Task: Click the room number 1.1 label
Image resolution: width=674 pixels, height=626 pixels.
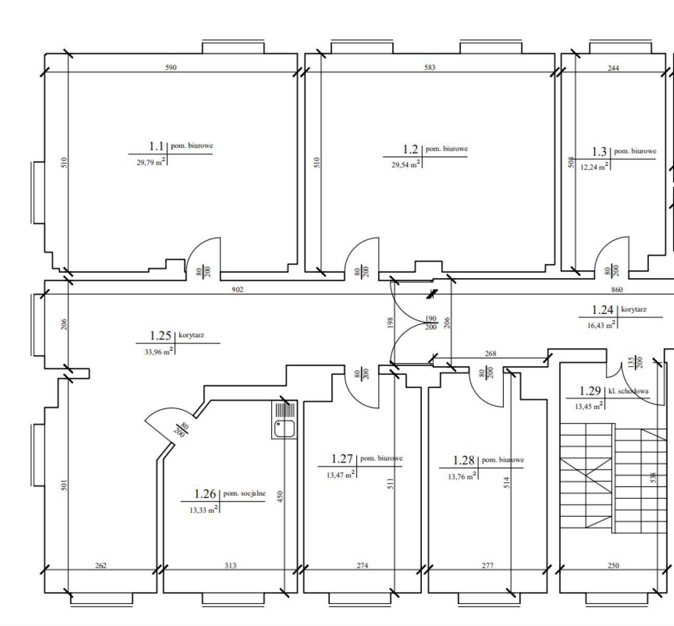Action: coord(157,147)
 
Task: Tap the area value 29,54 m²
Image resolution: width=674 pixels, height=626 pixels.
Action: coord(406,164)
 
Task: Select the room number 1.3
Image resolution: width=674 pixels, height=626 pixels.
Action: coord(599,152)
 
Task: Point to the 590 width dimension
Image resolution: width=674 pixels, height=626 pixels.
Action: coord(171,67)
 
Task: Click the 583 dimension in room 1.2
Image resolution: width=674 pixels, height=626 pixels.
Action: coord(430,67)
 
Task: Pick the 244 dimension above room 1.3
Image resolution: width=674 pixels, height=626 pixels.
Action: coord(613,68)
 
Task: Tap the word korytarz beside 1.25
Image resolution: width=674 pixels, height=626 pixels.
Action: coord(192,335)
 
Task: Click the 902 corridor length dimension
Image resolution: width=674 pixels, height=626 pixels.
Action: coord(238,290)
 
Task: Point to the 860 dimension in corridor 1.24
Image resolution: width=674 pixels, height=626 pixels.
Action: coord(617,290)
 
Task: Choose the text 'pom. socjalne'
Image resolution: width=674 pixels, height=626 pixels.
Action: coord(244,493)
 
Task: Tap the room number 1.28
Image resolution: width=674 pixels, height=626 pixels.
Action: coord(464,461)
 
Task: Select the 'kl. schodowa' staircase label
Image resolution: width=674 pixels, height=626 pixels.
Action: coord(629,391)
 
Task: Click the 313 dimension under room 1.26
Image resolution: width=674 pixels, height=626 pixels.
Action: coord(230,565)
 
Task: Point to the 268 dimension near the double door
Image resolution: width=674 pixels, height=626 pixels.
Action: coord(490,354)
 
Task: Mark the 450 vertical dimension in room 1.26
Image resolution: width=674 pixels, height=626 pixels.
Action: coord(280,497)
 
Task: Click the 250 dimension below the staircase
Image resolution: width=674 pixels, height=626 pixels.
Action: coord(613,565)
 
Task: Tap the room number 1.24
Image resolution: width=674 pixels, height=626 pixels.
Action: coord(602,310)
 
